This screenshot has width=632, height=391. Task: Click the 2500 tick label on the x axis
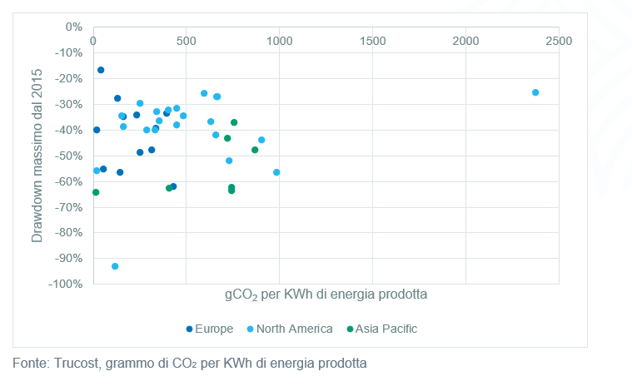(559, 41)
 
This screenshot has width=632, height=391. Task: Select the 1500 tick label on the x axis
(372, 41)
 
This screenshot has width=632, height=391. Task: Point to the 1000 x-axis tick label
(279, 41)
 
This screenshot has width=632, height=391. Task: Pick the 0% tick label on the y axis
(73, 27)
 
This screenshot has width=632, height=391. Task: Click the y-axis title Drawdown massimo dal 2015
(37, 156)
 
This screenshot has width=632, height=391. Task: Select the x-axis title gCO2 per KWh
(326, 294)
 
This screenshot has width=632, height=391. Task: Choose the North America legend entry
(294, 329)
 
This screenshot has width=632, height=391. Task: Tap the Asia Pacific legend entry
(386, 329)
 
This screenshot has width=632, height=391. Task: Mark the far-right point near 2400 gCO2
(535, 92)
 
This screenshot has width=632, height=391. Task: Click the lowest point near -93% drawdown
(115, 266)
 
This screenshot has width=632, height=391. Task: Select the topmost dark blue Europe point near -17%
(101, 70)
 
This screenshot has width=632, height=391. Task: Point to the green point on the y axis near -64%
(96, 192)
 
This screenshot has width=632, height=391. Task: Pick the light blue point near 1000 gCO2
(276, 172)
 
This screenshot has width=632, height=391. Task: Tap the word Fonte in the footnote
(30, 364)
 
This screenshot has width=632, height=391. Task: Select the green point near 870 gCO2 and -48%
(255, 150)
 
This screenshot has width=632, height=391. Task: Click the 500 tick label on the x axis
(186, 41)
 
